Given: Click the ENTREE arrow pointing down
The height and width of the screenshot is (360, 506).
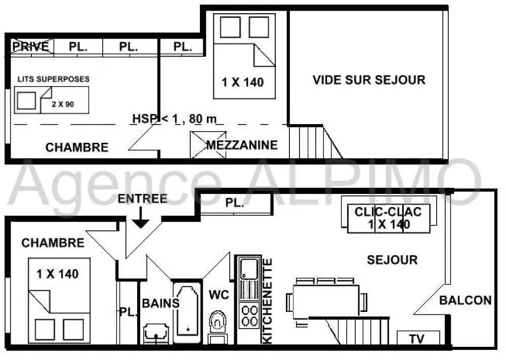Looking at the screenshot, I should click(x=141, y=218).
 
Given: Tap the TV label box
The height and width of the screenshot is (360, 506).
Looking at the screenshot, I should click(x=417, y=338).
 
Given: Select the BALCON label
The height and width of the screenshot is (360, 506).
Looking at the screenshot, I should click(x=465, y=300).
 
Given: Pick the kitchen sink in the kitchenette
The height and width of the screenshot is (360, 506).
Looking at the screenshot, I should click(x=248, y=268).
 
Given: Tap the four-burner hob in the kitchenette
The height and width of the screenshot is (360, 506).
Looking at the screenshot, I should click(x=248, y=315).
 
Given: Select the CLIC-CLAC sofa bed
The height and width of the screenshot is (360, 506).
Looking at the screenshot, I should click(x=388, y=218).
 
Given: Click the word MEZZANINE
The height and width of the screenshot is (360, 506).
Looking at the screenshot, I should click(x=242, y=145).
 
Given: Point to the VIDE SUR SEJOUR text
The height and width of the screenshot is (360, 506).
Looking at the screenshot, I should click(x=369, y=79).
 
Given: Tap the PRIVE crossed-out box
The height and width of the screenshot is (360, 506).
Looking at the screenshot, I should click(x=31, y=47).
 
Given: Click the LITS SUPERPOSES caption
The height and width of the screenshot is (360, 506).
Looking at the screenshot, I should click(x=53, y=79).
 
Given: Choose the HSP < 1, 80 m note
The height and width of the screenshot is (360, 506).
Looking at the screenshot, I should click(x=175, y=118).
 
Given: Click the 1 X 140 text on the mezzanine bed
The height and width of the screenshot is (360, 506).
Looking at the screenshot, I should click(x=243, y=82).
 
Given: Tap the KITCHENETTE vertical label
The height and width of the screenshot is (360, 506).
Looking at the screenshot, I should click(x=268, y=301).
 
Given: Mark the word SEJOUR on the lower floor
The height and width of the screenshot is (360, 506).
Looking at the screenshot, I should click(x=392, y=260).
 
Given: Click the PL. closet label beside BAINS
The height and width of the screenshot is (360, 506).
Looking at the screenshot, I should click(x=128, y=312).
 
